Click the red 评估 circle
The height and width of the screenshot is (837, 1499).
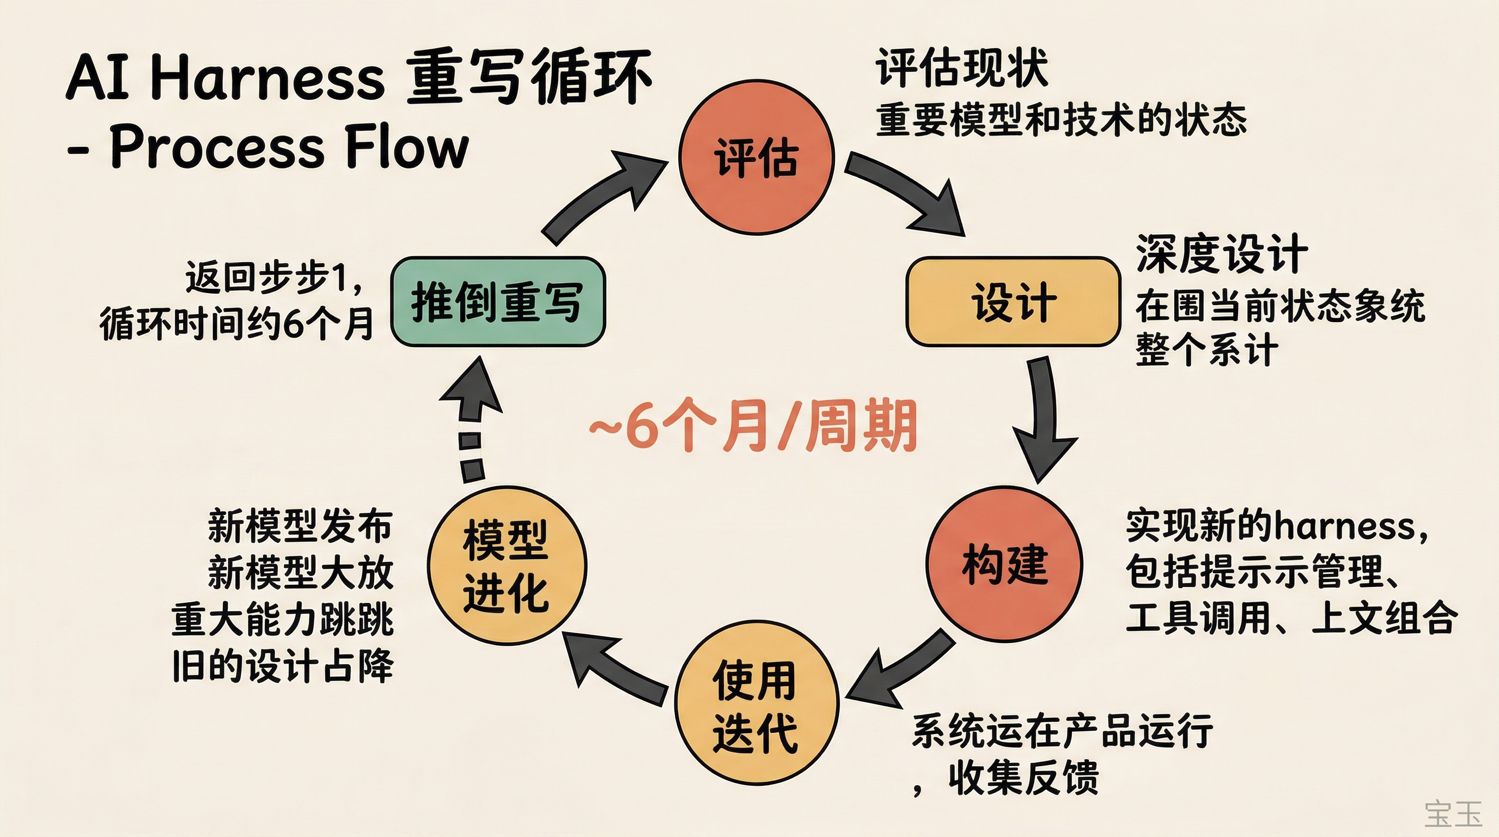[x=757, y=157]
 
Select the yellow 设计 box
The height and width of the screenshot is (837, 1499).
[x=1013, y=301]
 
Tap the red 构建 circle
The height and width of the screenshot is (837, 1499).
[x=1004, y=564]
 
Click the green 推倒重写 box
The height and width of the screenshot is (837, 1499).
[x=498, y=301]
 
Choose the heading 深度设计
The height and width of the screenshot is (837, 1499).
[x=1222, y=254]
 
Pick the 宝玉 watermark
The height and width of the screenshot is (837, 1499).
[x=1453, y=813]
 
